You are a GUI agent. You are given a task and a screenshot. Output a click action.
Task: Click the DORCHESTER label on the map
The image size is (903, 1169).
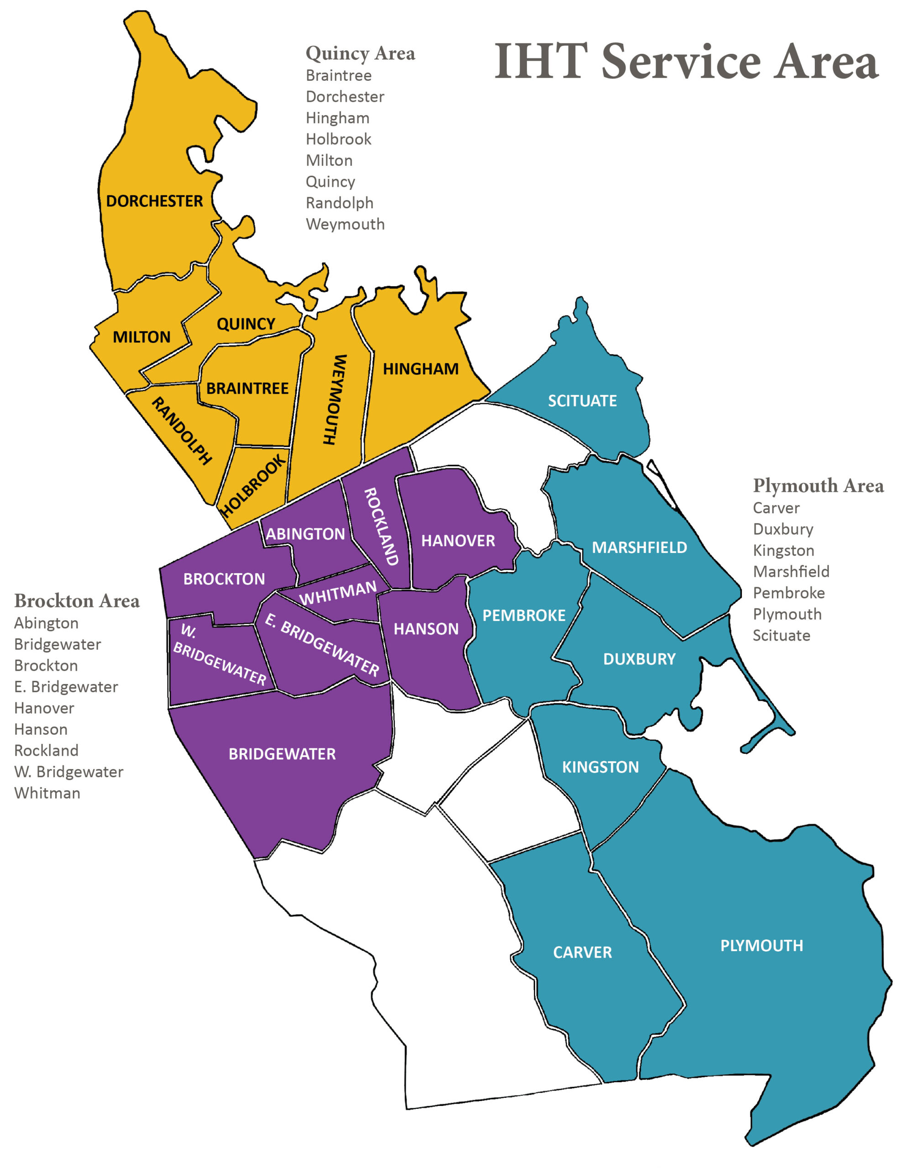[154, 201]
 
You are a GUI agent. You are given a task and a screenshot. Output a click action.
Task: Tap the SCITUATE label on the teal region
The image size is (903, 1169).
[582, 401]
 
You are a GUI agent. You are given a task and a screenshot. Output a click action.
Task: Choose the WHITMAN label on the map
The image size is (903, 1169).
[338, 593]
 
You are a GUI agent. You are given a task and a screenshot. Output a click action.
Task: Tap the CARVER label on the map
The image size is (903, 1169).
[582, 953]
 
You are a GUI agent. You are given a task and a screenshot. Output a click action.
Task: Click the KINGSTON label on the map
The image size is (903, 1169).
[600, 768]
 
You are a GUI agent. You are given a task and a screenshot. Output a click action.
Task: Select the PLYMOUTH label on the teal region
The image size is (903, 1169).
[761, 946]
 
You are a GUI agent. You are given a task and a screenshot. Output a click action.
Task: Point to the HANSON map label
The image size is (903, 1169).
[426, 629]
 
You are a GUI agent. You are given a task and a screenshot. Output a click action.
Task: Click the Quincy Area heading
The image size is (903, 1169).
[360, 53]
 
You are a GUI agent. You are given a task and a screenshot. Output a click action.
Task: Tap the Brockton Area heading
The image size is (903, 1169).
[77, 601]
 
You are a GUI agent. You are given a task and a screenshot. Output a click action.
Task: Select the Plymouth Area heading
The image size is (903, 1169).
[818, 486]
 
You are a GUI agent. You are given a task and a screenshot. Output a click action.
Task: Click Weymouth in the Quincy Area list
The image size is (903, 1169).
[345, 224]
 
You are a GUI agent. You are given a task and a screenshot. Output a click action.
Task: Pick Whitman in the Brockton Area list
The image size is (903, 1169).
[47, 793]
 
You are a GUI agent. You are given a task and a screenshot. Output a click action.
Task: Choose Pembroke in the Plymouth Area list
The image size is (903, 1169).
[788, 593]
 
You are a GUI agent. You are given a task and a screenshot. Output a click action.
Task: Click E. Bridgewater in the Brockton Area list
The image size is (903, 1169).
[66, 687]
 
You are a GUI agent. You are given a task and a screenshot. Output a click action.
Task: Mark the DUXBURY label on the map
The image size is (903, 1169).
[639, 659]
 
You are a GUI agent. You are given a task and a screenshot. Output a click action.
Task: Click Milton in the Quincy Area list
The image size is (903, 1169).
[329, 161]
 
